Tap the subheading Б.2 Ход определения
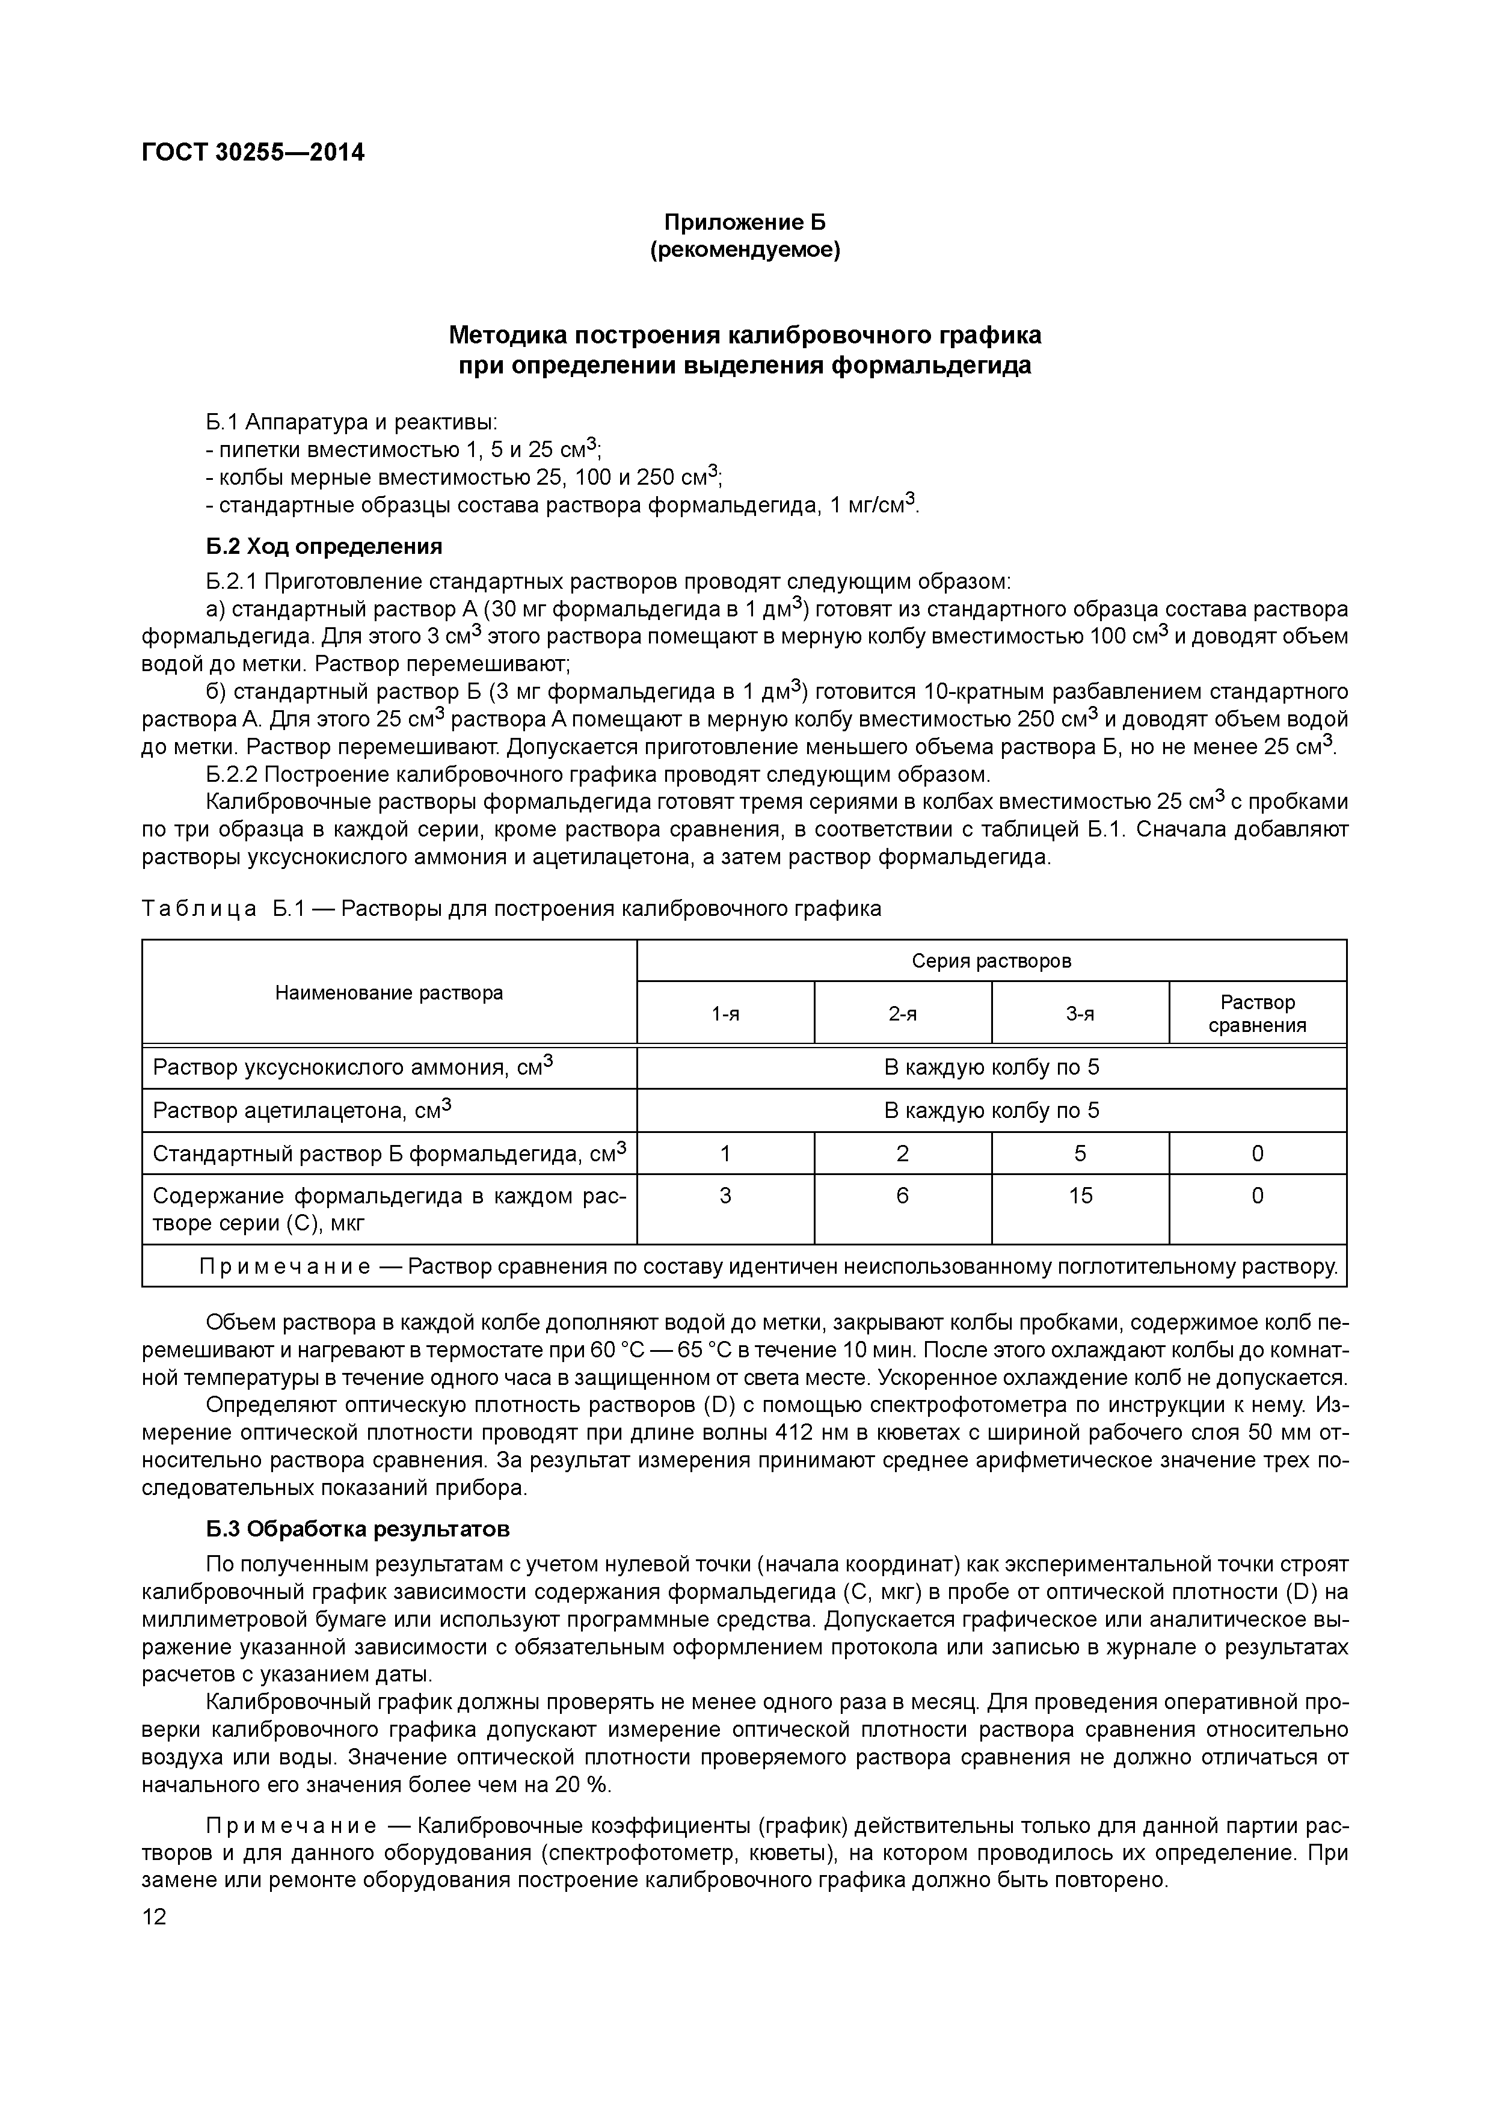point(324,547)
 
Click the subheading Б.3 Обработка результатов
point(357,1529)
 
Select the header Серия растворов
point(991,961)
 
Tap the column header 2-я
point(902,1014)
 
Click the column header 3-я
point(1080,1014)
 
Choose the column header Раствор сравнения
point(1257,1014)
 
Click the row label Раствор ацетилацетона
point(303,1111)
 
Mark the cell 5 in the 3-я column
point(1080,1153)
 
